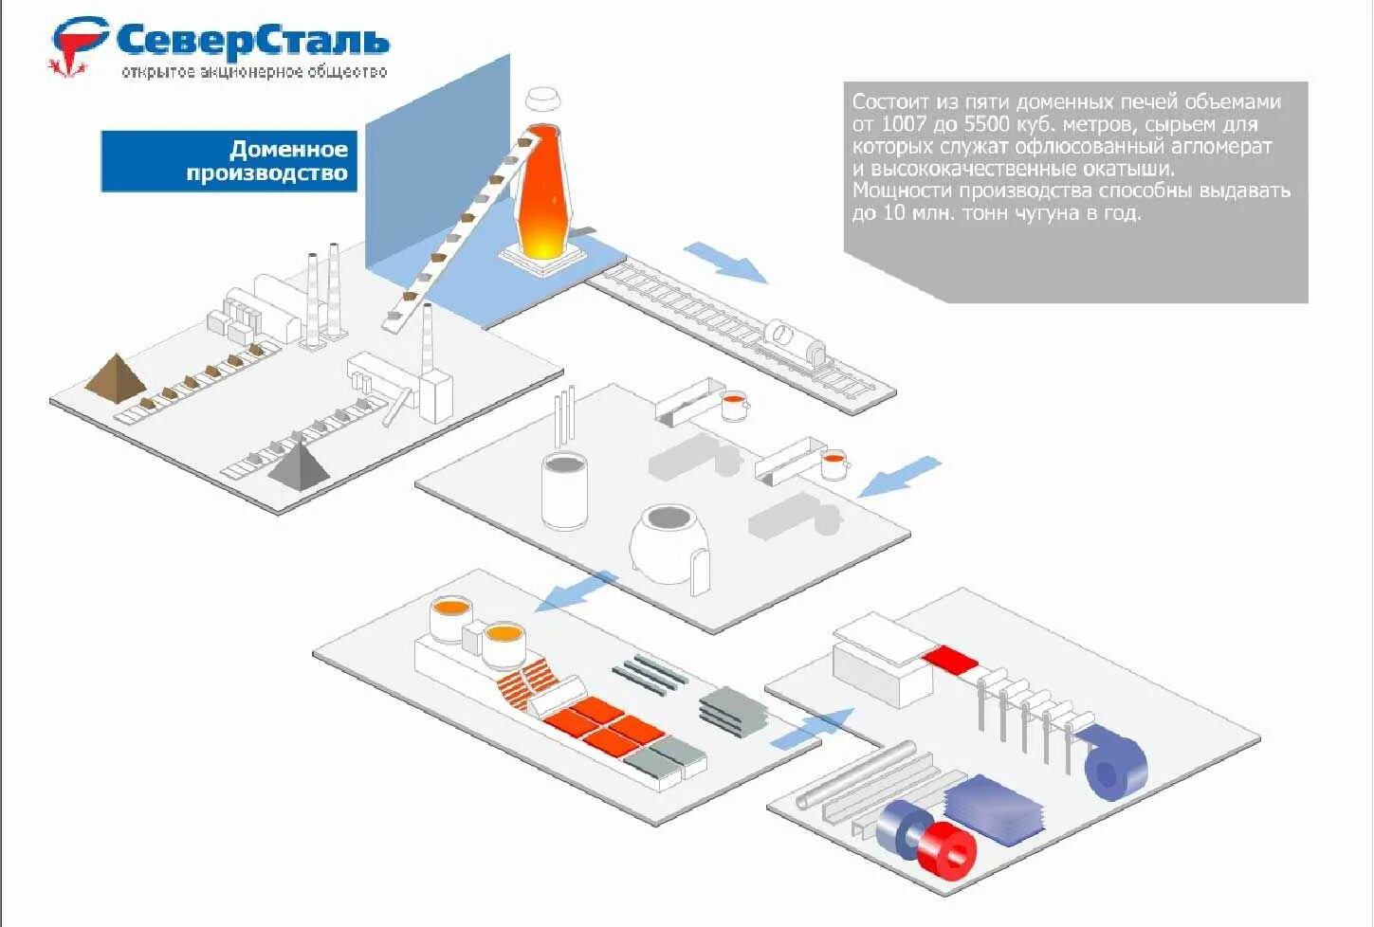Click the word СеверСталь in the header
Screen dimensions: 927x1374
(252, 42)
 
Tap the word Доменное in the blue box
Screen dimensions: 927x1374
(288, 149)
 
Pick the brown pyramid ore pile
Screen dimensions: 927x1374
(115, 375)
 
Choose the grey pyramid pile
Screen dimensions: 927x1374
(299, 462)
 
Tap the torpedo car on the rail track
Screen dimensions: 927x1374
(798, 342)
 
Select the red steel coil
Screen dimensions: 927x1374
(947, 848)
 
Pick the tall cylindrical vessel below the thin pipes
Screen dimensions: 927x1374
(564, 489)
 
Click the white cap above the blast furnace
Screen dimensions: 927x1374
(543, 98)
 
